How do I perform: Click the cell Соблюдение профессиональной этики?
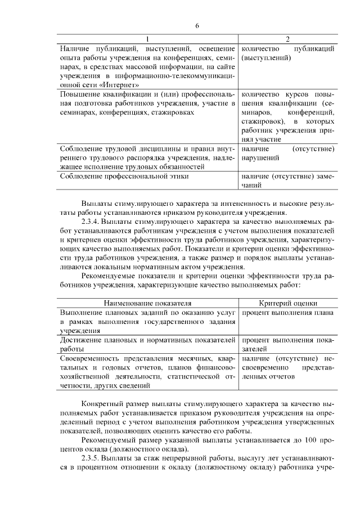point(124,176)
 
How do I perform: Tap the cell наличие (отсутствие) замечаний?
point(287,181)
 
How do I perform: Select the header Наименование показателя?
point(148,302)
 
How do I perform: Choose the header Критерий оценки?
point(287,302)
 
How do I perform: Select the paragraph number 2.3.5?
point(93,458)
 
